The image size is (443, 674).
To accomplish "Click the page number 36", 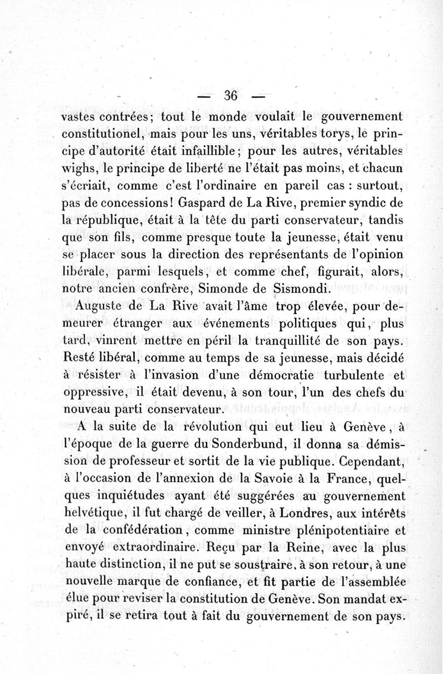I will point(230,95).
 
